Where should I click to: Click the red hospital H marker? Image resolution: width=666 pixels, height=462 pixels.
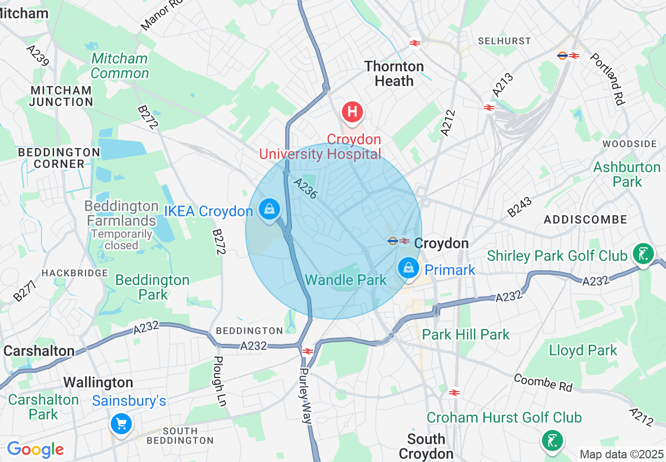pos(352,112)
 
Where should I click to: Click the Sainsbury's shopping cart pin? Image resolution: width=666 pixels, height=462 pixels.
pos(121,423)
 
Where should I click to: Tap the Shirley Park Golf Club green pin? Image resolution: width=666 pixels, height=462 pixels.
pos(643,254)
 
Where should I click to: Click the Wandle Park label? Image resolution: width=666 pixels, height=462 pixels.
pos(346,280)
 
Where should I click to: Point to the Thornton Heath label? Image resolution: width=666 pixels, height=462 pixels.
pos(394,73)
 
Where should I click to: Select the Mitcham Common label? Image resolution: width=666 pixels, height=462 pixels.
pos(120,66)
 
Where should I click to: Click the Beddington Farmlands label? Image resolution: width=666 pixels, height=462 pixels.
pos(122,213)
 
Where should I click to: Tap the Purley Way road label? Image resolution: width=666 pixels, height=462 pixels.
pos(306,395)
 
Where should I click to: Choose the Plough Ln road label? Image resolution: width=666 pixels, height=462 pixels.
pos(220,381)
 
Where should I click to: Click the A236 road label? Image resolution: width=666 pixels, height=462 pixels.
pos(305,188)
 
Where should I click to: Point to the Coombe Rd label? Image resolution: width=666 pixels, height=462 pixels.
pos(543,383)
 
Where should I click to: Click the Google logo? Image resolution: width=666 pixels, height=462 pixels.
pos(35,449)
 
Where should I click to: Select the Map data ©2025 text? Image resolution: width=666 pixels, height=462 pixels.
pos(621,454)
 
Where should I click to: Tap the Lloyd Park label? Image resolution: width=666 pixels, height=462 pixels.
pos(583,350)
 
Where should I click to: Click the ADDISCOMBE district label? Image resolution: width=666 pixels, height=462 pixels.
pos(586,219)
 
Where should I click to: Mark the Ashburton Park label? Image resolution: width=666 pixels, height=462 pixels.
pos(627,174)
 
